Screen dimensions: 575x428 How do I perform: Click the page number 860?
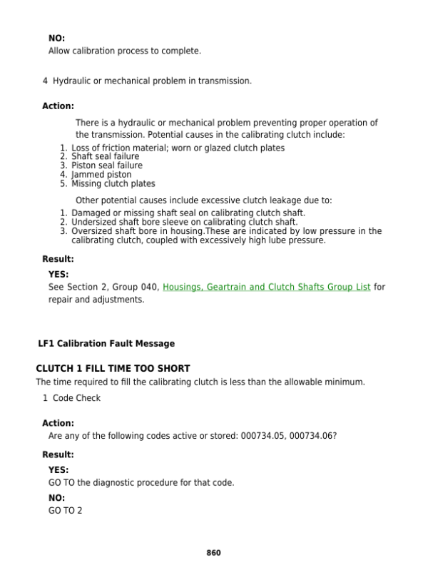point(213,553)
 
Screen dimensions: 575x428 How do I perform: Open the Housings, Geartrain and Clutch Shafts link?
point(266,287)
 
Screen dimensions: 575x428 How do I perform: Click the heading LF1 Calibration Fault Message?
point(106,344)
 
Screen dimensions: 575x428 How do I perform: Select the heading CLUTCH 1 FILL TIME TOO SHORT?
point(113,368)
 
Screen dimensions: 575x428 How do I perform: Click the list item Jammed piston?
point(101,175)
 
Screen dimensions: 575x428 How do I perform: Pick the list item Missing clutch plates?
point(113,183)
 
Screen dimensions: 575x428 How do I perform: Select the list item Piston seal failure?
point(107,166)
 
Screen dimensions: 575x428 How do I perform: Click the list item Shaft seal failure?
point(106,157)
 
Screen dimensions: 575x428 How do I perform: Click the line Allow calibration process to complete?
point(125,51)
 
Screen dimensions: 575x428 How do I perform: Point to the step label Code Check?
point(76,398)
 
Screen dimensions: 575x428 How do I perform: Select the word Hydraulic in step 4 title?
point(72,81)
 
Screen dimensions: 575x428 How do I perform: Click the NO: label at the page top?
point(56,38)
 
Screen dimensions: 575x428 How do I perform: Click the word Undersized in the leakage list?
point(95,222)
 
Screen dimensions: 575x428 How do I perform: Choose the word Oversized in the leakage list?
point(93,231)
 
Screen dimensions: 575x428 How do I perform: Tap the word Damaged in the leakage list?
point(91,213)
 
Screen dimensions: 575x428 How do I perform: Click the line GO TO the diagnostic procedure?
point(141,483)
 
